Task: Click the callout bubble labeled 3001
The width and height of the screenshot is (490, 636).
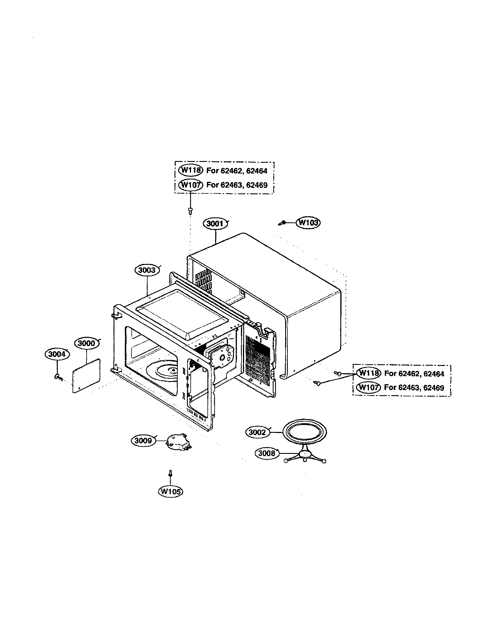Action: click(x=215, y=224)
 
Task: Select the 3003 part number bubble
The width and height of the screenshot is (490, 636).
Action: click(x=147, y=270)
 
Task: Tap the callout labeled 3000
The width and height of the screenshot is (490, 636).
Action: click(x=87, y=343)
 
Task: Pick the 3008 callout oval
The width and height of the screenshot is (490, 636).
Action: click(x=267, y=453)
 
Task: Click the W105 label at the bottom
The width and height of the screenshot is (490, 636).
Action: click(x=170, y=491)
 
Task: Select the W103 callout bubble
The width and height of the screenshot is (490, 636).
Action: click(x=308, y=223)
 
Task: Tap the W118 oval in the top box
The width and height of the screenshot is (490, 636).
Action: click(x=190, y=170)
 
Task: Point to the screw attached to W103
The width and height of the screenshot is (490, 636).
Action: click(x=282, y=223)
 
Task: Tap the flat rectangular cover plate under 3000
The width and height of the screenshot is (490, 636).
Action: click(x=86, y=376)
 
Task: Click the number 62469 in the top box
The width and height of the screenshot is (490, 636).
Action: click(x=257, y=185)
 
